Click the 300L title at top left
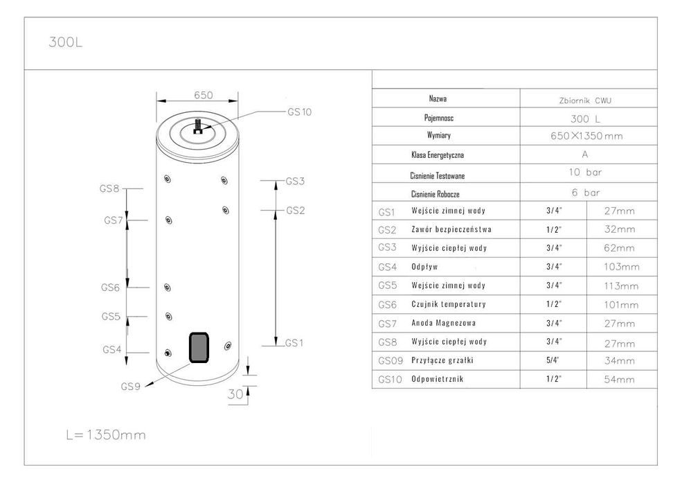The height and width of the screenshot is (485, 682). (65, 42)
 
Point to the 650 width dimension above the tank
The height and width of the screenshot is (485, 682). (203, 95)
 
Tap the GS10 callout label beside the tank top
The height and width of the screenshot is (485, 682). (299, 112)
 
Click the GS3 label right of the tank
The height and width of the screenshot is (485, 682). (295, 181)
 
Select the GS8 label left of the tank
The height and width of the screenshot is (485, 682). (109, 188)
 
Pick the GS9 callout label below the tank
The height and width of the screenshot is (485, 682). (130, 387)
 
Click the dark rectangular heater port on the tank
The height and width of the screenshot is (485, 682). (199, 347)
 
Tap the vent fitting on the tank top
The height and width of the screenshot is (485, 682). (198, 126)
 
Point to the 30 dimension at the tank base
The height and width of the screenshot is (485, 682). (235, 394)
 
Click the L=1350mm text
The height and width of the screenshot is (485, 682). (106, 434)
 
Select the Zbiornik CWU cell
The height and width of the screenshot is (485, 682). (585, 100)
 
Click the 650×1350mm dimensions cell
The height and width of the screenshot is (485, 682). (586, 136)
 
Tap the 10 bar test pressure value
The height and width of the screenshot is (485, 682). (585, 173)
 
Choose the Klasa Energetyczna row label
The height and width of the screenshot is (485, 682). (438, 155)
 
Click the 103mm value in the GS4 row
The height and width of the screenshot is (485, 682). (622, 267)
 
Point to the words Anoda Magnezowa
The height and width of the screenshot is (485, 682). (444, 323)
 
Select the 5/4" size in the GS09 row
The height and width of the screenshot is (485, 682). (553, 360)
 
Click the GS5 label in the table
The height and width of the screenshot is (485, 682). (388, 285)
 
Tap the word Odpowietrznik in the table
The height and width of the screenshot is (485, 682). (437, 379)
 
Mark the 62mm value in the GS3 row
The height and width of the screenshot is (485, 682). (620, 248)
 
